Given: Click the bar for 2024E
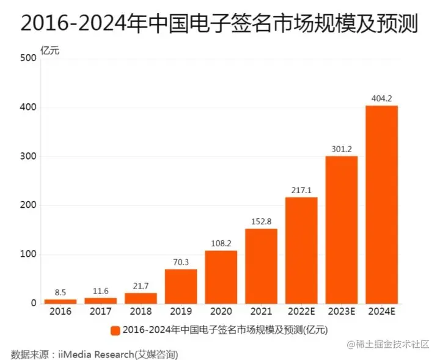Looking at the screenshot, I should [x=381, y=204].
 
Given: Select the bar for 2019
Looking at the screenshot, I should [x=181, y=286].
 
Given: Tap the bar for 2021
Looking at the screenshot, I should [x=261, y=266].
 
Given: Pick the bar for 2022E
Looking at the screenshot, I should [x=301, y=250].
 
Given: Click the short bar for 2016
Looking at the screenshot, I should [x=61, y=301].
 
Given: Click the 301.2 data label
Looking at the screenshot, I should [x=341, y=149].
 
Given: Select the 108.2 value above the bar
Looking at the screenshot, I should [x=221, y=243].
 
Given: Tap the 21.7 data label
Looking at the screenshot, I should [x=141, y=285].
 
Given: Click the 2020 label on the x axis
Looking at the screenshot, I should [x=221, y=312].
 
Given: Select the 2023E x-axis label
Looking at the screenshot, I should [x=341, y=312].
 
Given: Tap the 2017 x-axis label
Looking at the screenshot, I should [x=100, y=312].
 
